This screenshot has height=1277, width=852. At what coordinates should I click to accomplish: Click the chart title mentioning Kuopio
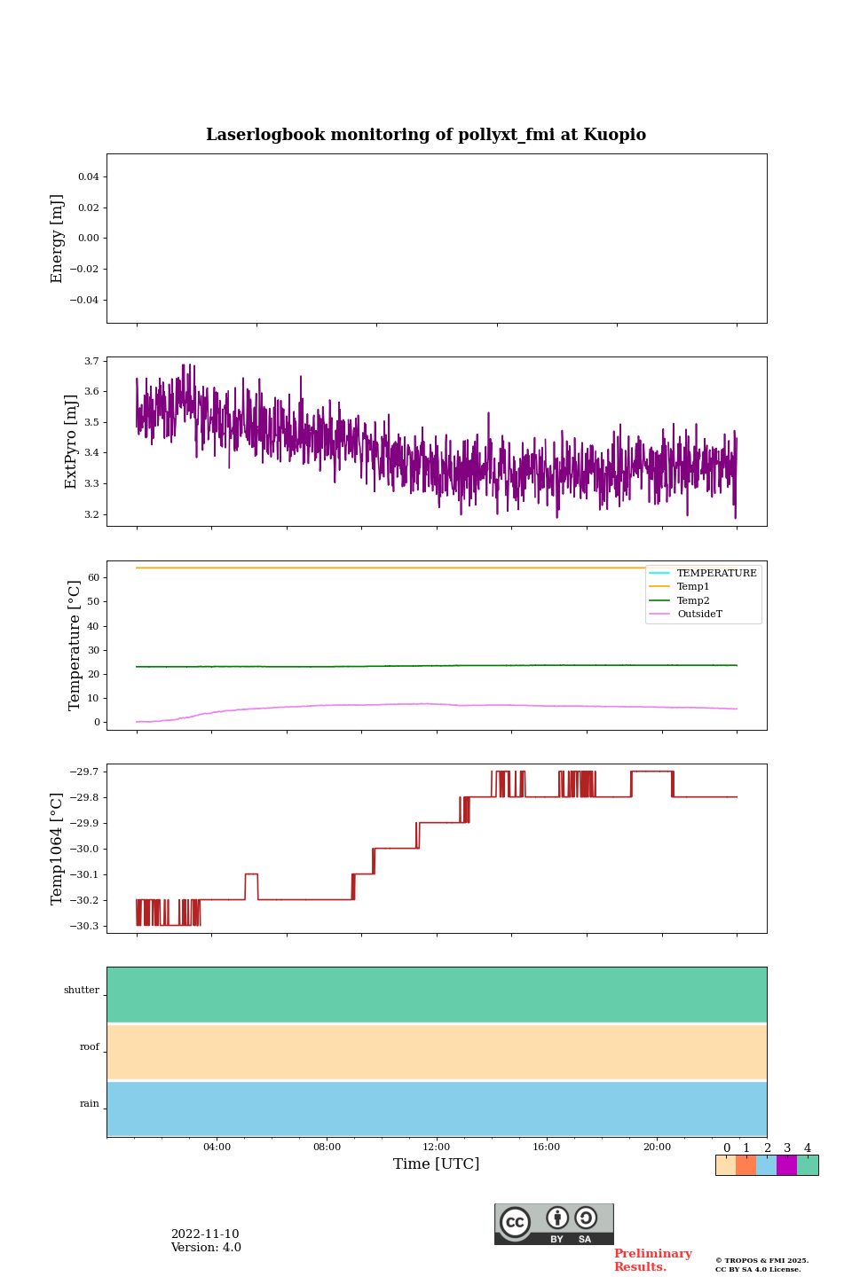[x=426, y=135]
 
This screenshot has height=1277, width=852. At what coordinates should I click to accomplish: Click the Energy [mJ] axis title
[x=58, y=239]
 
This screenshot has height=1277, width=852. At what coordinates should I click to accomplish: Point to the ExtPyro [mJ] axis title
[x=71, y=442]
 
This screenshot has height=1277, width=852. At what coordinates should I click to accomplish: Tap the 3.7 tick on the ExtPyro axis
[x=91, y=361]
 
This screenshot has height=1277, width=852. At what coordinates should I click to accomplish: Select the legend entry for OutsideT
[x=699, y=614]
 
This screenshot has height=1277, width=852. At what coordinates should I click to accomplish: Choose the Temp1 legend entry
[x=693, y=586]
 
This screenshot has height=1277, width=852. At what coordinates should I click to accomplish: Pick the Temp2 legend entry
[x=693, y=600]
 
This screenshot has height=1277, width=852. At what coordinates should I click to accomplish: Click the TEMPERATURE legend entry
[x=716, y=573]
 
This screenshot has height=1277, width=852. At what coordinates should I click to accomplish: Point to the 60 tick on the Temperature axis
[x=92, y=577]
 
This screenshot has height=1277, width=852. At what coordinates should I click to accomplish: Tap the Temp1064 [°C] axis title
[x=58, y=849]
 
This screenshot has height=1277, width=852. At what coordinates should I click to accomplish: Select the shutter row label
[x=82, y=990]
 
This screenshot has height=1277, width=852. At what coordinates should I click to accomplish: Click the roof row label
[x=90, y=1046]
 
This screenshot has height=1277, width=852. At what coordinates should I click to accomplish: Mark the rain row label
[x=90, y=1103]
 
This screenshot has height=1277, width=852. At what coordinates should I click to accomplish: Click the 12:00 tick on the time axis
[x=437, y=1147]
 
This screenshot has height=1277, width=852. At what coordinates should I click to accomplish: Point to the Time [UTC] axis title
[x=437, y=1163]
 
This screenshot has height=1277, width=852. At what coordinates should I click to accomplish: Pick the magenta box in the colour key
[x=786, y=1165]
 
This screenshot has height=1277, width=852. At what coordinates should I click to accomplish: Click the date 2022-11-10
[x=205, y=1234]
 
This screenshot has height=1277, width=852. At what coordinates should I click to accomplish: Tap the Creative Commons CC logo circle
[x=515, y=1222]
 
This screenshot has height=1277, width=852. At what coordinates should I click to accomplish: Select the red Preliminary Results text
[x=652, y=1260]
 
